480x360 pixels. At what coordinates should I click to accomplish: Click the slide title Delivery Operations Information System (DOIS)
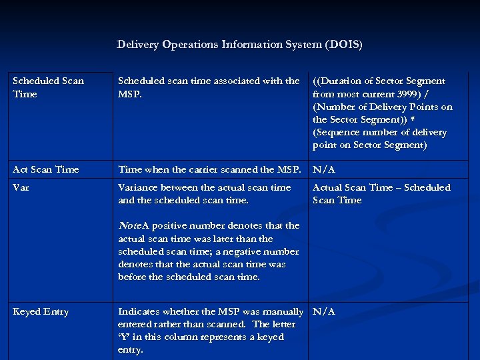pyautogui.click(x=239, y=45)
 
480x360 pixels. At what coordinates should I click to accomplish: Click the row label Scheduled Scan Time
pyautogui.click(x=48, y=87)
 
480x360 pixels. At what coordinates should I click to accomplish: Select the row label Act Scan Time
pyautogui.click(x=45, y=169)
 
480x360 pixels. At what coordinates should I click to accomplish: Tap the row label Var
pyautogui.click(x=21, y=187)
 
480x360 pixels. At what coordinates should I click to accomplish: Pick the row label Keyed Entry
pyautogui.click(x=41, y=311)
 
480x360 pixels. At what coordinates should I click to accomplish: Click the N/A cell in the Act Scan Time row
pyautogui.click(x=323, y=169)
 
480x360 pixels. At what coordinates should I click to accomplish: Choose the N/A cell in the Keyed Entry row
pyautogui.click(x=323, y=311)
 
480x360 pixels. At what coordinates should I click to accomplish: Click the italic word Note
pyautogui.click(x=129, y=225)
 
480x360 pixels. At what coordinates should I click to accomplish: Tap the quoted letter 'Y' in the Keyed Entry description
pyautogui.click(x=124, y=337)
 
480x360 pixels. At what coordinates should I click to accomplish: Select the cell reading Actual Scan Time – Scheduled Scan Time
pyautogui.click(x=381, y=194)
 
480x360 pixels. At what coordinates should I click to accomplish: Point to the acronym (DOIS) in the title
pyautogui.click(x=343, y=45)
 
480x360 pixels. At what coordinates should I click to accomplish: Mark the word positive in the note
pyautogui.click(x=177, y=225)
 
